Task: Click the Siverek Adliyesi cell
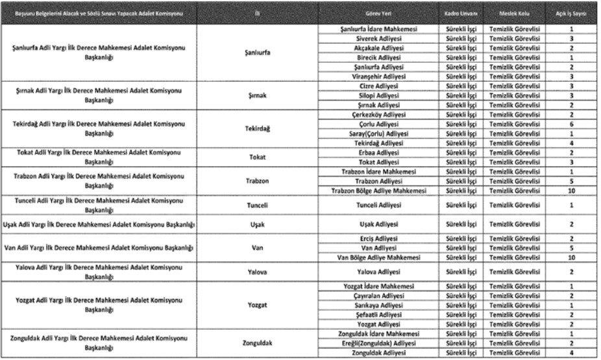point(378,39)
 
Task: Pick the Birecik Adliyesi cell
point(378,58)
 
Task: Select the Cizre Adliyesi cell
point(378,86)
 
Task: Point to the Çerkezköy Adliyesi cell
point(378,114)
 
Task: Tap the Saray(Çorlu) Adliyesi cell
point(378,133)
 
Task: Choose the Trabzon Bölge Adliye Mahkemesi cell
point(378,191)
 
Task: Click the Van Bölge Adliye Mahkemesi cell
point(378,258)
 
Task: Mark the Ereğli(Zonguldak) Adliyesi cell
point(378,343)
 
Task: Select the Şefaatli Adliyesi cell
point(378,315)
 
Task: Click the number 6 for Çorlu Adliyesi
point(571,124)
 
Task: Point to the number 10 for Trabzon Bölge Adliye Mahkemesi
point(571,191)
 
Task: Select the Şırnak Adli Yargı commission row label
point(99,95)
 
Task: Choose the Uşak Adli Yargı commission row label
point(99,224)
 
